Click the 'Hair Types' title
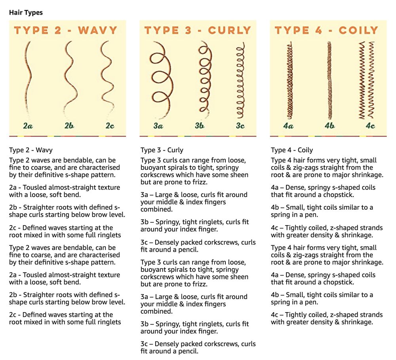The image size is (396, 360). pyautogui.click(x=26, y=12)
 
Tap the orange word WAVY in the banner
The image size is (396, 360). pyautogui.click(x=98, y=30)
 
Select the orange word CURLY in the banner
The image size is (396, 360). pyautogui.click(x=229, y=30)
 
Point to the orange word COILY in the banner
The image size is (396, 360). pyautogui.click(x=358, y=30)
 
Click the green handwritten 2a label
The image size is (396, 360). pyautogui.click(x=28, y=126)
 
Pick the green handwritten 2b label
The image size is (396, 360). pyautogui.click(x=69, y=125)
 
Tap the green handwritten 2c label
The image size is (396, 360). pyautogui.click(x=110, y=126)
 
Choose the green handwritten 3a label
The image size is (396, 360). pyautogui.click(x=158, y=126)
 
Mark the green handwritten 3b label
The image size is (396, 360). pyautogui.click(x=199, y=125)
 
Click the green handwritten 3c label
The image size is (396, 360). pyautogui.click(x=240, y=126)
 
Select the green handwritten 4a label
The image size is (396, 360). pyautogui.click(x=288, y=126)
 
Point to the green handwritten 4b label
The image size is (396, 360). pyautogui.click(x=329, y=125)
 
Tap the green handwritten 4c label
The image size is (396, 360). pyautogui.click(x=371, y=126)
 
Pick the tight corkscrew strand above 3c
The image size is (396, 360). pyautogui.click(x=241, y=81)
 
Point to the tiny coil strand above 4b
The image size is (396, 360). pyautogui.click(x=329, y=81)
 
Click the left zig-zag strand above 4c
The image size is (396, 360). pyautogui.click(x=362, y=80)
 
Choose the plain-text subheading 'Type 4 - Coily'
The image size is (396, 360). pyautogui.click(x=292, y=150)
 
